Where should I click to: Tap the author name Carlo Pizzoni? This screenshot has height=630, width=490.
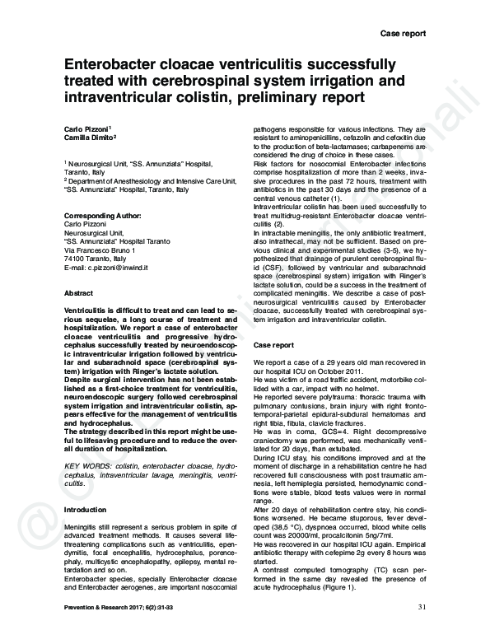click(86, 130)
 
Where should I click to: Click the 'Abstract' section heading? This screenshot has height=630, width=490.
click(78, 293)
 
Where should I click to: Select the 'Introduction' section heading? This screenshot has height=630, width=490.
click(85, 511)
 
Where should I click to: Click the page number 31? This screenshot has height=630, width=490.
click(422, 608)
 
